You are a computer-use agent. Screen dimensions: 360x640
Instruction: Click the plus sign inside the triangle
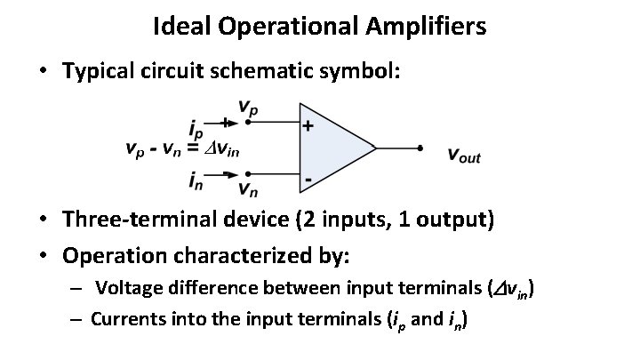tap(308, 126)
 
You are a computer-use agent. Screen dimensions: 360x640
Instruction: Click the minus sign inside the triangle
tap(308, 179)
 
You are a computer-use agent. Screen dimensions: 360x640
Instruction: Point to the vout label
tap(463, 156)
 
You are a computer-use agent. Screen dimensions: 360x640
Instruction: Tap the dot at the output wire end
tap(419, 148)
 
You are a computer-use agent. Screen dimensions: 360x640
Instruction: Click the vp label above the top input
tap(250, 109)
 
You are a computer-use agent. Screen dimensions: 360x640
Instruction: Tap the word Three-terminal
tap(130, 220)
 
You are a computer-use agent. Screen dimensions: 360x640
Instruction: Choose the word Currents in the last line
tap(126, 318)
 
